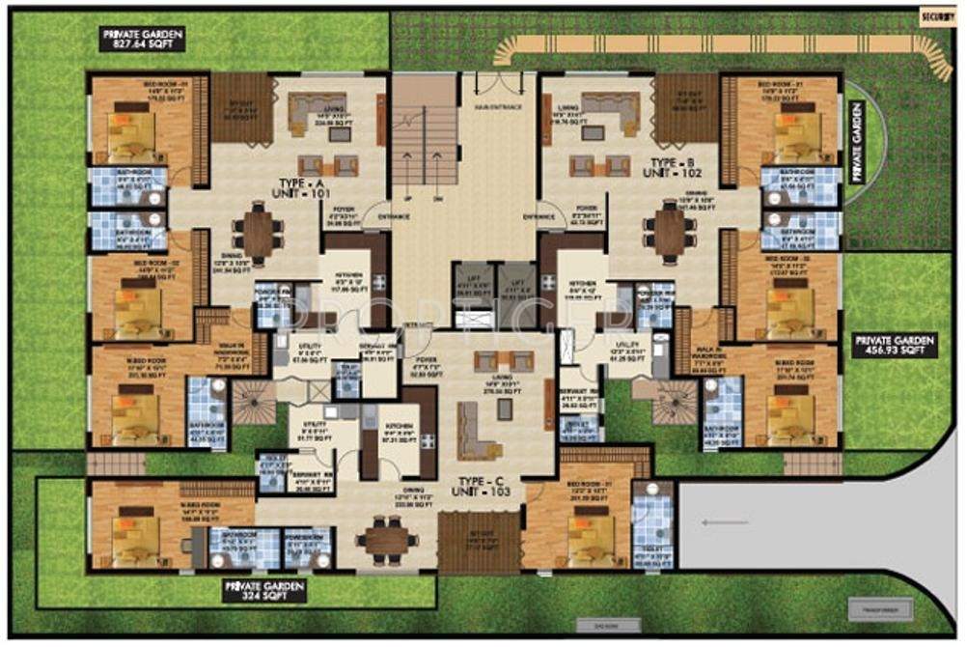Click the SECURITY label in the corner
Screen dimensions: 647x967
click(x=936, y=16)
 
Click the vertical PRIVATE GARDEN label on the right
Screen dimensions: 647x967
click(x=854, y=145)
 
